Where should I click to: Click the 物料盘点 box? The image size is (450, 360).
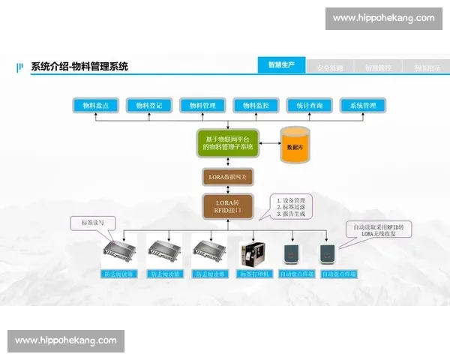96,106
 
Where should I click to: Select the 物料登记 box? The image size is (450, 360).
149,106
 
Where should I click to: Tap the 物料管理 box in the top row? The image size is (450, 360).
202,106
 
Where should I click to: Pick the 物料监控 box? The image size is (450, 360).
256,106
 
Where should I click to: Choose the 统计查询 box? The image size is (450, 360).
309,106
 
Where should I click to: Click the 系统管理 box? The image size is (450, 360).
363,106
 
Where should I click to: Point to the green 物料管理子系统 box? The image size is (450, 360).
229,143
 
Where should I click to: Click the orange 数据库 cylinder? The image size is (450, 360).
295,145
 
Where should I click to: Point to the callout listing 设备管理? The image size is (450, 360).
292,207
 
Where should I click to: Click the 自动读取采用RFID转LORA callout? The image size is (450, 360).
378,229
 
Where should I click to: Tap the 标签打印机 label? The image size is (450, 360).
250,274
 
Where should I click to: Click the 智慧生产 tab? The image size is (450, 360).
281,66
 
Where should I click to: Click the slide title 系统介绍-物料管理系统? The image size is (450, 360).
79,67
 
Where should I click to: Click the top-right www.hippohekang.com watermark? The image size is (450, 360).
383,18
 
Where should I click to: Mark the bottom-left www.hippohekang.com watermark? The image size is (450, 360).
66,340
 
